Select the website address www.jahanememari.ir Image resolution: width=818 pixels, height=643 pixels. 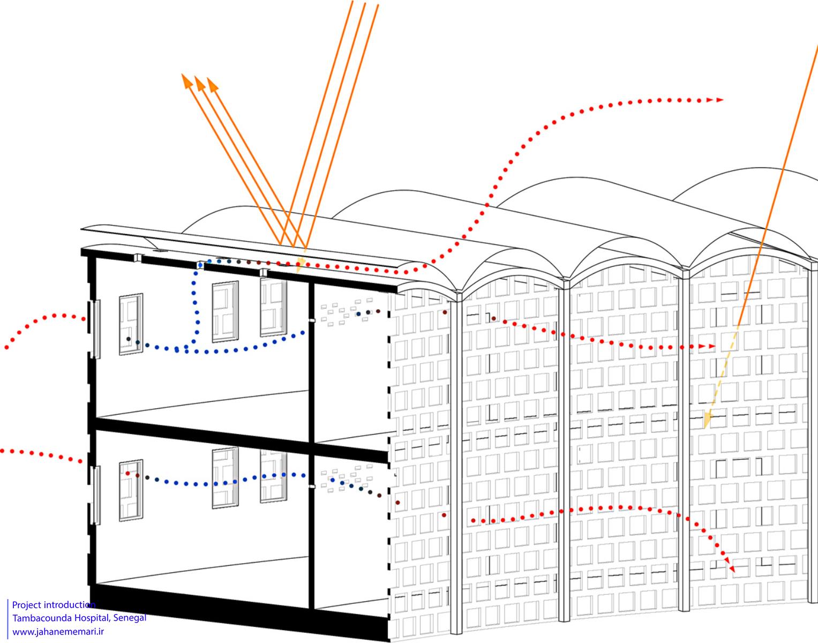click(x=58, y=632)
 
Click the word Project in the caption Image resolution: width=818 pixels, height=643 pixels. click(x=27, y=605)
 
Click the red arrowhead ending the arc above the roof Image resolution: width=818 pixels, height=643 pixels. click(x=719, y=100)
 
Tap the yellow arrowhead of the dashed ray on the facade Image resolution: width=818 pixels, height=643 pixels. click(x=708, y=420)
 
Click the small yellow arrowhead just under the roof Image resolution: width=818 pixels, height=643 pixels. click(x=299, y=265)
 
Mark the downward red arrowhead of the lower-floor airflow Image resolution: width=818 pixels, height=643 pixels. click(x=732, y=569)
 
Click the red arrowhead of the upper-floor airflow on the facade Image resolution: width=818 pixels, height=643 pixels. click(x=711, y=346)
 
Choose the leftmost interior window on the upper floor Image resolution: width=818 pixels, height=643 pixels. click(x=131, y=324)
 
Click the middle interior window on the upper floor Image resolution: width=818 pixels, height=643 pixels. click(x=225, y=312)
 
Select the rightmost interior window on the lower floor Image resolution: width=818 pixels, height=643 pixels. click(x=273, y=476)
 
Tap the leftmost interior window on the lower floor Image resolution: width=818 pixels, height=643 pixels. click(x=131, y=490)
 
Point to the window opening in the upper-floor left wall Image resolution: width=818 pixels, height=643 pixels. click(x=96, y=329)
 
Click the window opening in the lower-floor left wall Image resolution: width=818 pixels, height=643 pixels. click(x=96, y=495)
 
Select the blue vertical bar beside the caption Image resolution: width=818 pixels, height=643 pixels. click(x=8, y=618)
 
